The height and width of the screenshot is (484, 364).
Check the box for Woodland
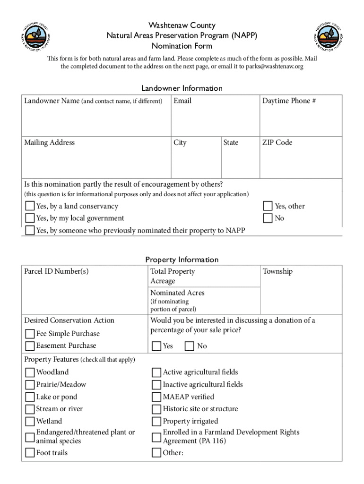click(30, 372)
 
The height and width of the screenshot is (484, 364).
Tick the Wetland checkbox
click(30, 422)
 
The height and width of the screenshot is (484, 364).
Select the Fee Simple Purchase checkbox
click(30, 334)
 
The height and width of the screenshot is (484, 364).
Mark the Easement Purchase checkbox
click(30, 346)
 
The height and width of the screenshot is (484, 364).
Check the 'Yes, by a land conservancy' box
click(30, 207)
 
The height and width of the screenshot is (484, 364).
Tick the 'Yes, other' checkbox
click(268, 207)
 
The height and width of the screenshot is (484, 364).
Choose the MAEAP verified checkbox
click(156, 397)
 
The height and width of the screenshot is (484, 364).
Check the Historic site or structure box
click(156, 409)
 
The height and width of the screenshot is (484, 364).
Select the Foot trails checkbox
click(30, 453)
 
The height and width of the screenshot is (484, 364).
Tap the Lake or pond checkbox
click(30, 397)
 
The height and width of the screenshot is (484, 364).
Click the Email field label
click(182, 101)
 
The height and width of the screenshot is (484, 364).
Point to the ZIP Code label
click(277, 143)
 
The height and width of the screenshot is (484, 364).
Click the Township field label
click(277, 271)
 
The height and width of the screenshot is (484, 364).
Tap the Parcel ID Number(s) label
click(56, 271)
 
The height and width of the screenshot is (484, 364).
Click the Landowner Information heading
click(182, 88)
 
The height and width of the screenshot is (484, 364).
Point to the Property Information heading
click(182, 259)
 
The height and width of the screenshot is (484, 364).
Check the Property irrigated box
click(156, 422)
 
